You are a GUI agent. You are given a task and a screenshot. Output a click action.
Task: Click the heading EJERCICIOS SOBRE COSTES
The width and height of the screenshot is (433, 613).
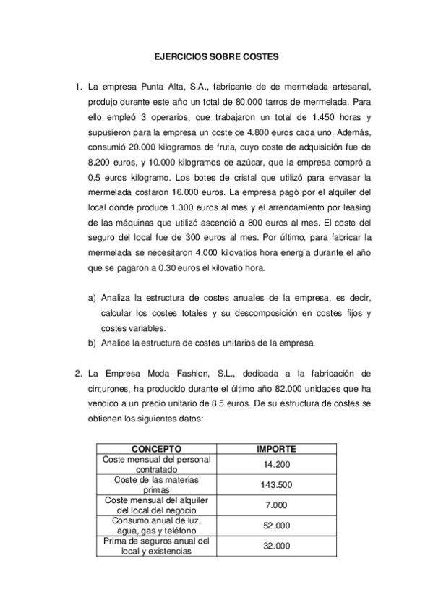[217, 55]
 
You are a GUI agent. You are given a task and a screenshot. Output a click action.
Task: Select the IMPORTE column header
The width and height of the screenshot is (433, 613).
[276, 448]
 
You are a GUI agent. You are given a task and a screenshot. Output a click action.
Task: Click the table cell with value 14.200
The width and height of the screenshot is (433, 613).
[276, 463]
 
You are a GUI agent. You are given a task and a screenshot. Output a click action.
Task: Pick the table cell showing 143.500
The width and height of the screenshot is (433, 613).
[276, 484]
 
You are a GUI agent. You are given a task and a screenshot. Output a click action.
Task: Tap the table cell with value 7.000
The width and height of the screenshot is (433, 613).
[276, 505]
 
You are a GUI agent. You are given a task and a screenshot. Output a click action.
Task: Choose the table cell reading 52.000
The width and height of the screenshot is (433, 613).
[276, 526]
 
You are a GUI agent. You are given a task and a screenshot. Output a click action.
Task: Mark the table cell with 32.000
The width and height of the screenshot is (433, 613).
[276, 546]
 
